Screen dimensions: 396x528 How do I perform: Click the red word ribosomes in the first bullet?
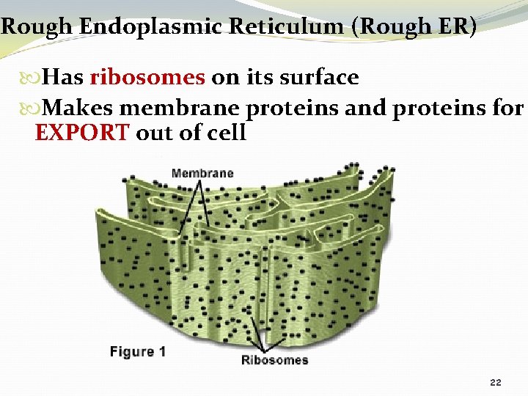coord(148,78)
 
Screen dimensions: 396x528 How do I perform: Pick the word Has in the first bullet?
coord(63,78)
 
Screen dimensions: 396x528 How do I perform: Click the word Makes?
coord(78,109)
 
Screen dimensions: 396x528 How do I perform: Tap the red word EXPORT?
coord(83,133)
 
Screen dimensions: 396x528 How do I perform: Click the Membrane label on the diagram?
coord(202,174)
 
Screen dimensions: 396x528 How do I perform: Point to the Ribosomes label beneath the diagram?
coord(275,360)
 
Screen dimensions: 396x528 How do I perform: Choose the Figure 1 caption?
coord(138,352)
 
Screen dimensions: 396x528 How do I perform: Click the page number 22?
coord(495,383)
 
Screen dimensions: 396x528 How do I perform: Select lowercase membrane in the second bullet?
coord(180,109)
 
